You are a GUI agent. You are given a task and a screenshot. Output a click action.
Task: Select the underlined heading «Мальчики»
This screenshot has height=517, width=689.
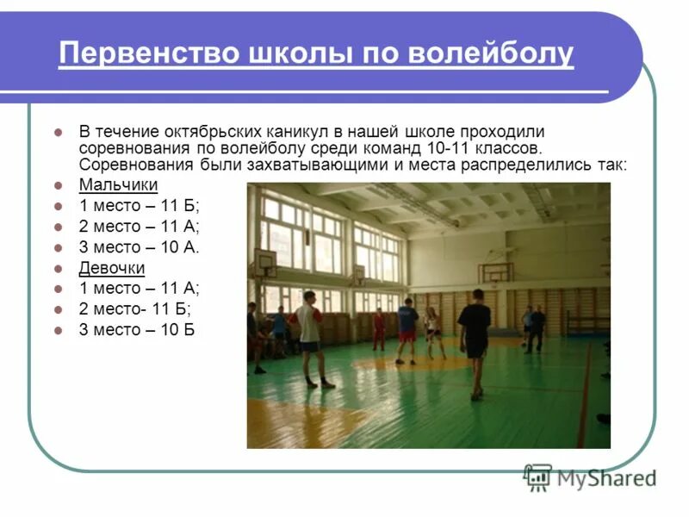coord(118,185)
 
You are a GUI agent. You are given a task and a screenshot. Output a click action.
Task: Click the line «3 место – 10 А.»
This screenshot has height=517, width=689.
coord(139,247)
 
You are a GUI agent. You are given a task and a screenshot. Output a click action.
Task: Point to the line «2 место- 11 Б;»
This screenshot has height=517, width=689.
coord(134,308)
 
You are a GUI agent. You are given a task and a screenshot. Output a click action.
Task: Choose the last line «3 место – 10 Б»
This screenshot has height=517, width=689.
coord(136,329)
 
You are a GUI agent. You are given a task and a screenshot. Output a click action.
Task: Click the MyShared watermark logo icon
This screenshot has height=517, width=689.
coord(537,477)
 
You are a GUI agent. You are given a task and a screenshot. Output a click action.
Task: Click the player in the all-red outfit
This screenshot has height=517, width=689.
coord(378,328)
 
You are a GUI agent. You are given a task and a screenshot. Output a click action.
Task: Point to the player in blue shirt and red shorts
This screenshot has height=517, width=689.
coord(407,329)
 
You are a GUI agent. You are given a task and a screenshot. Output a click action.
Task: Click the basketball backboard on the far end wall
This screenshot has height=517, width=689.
coord(495,272)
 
